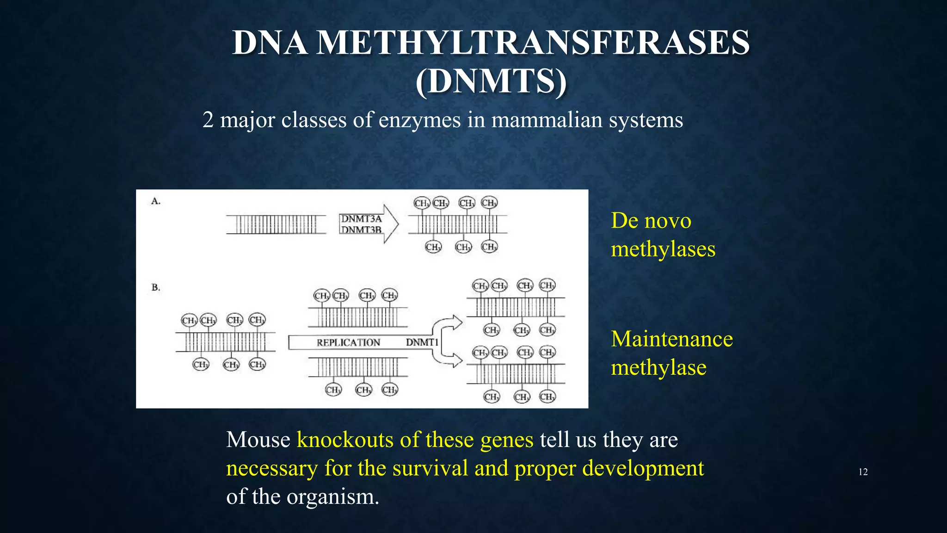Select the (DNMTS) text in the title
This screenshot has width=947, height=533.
[491, 81]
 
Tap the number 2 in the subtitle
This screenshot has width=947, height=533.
[208, 120]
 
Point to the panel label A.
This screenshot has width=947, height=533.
[156, 201]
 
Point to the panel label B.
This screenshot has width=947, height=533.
[156, 287]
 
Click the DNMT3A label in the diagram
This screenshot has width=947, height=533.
[361, 219]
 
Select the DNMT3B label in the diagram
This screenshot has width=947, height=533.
[361, 229]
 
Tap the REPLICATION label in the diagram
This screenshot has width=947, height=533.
[348, 342]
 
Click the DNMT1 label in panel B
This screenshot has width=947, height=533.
[422, 342]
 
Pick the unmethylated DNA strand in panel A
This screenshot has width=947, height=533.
[276, 224]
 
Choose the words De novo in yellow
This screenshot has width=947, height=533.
[651, 221]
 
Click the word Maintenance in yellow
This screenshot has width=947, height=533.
[672, 339]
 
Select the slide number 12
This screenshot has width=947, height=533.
[863, 472]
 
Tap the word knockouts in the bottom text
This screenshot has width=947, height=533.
[344, 440]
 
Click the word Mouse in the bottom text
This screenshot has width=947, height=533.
[258, 440]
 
